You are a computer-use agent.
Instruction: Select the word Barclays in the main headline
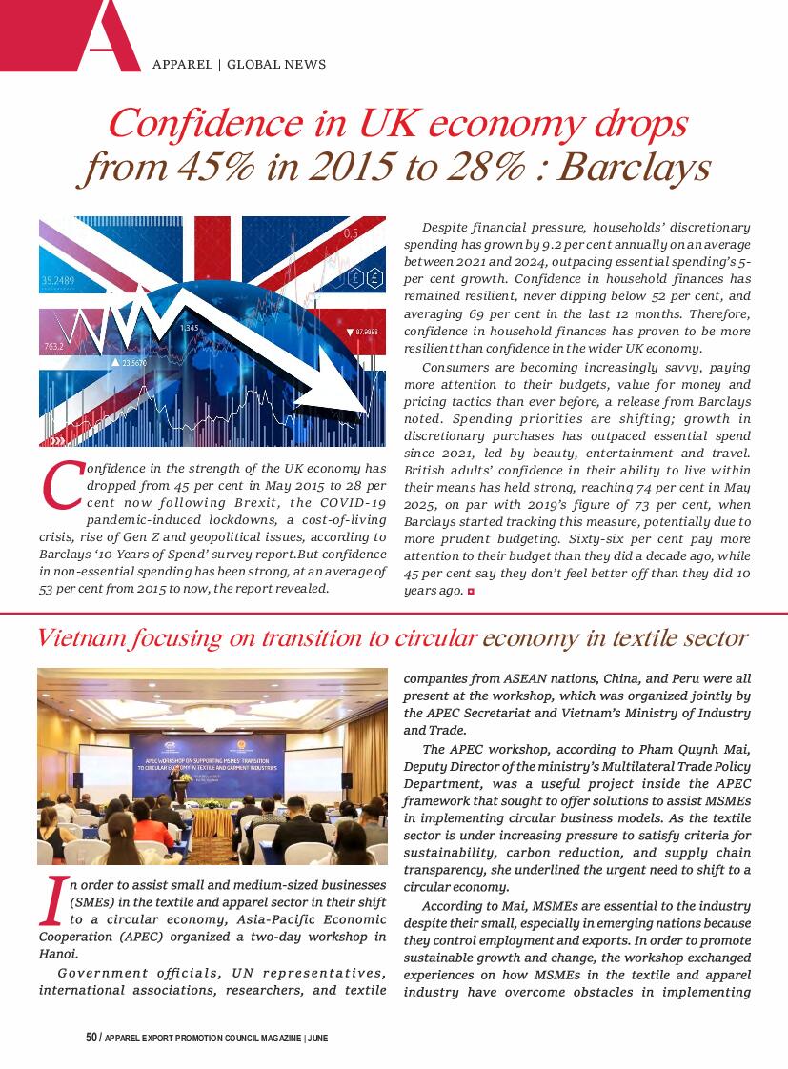click(633, 168)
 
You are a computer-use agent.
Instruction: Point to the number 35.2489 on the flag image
click(59, 281)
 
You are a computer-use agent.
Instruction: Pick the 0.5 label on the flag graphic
click(351, 233)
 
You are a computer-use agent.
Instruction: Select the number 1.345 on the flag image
click(189, 328)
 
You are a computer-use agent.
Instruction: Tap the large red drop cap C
click(61, 485)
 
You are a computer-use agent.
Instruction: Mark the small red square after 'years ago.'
click(471, 592)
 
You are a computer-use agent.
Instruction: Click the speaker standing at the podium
click(174, 787)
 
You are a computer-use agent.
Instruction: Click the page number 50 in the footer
click(91, 1038)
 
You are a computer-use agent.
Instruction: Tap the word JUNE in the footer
click(316, 1038)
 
